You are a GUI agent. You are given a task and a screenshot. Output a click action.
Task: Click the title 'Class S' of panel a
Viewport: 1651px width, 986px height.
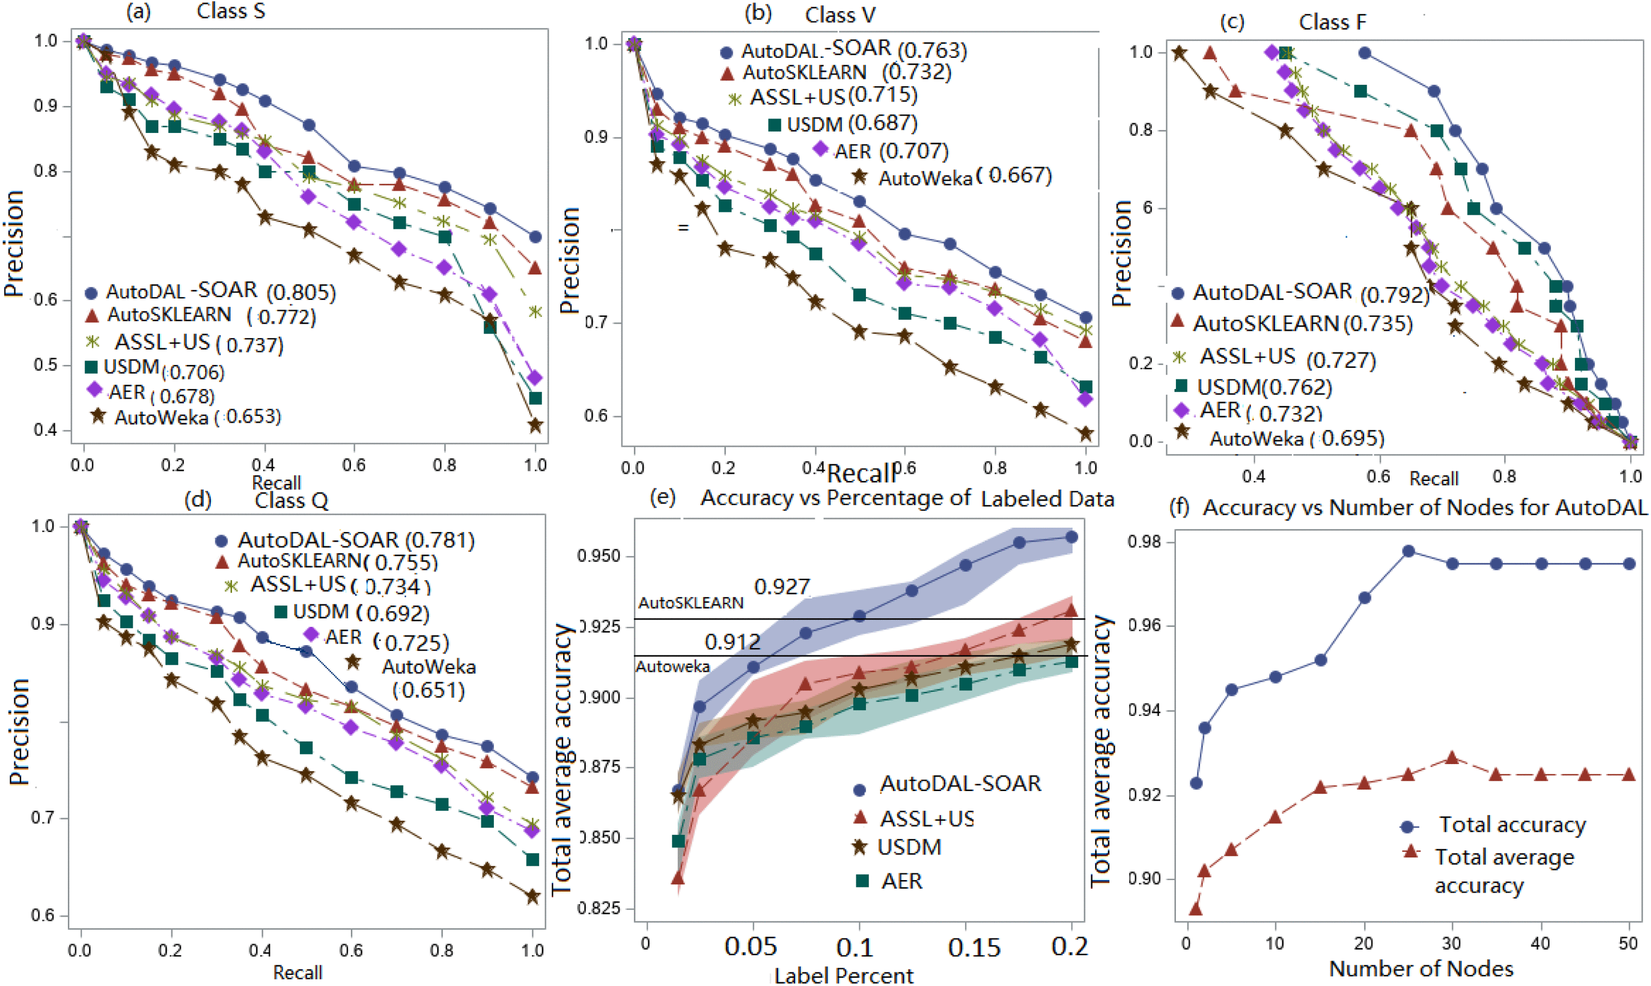click(x=231, y=12)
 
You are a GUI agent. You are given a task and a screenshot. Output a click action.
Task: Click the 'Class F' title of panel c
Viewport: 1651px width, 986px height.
click(x=1332, y=22)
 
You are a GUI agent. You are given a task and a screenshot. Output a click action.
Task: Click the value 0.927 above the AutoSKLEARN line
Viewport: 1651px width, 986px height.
click(x=781, y=587)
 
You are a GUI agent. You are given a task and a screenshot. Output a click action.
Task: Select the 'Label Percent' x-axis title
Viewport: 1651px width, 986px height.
click(x=844, y=975)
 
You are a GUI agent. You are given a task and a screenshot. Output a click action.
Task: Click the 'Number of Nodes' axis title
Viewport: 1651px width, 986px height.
click(x=1421, y=969)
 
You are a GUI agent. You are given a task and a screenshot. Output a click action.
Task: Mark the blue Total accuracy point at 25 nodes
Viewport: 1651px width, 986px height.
click(x=1408, y=551)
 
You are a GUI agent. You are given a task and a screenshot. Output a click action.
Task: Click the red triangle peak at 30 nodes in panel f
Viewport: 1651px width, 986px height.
click(x=1452, y=758)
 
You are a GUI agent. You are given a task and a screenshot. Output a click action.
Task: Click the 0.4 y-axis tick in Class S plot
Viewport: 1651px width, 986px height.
click(x=45, y=430)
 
